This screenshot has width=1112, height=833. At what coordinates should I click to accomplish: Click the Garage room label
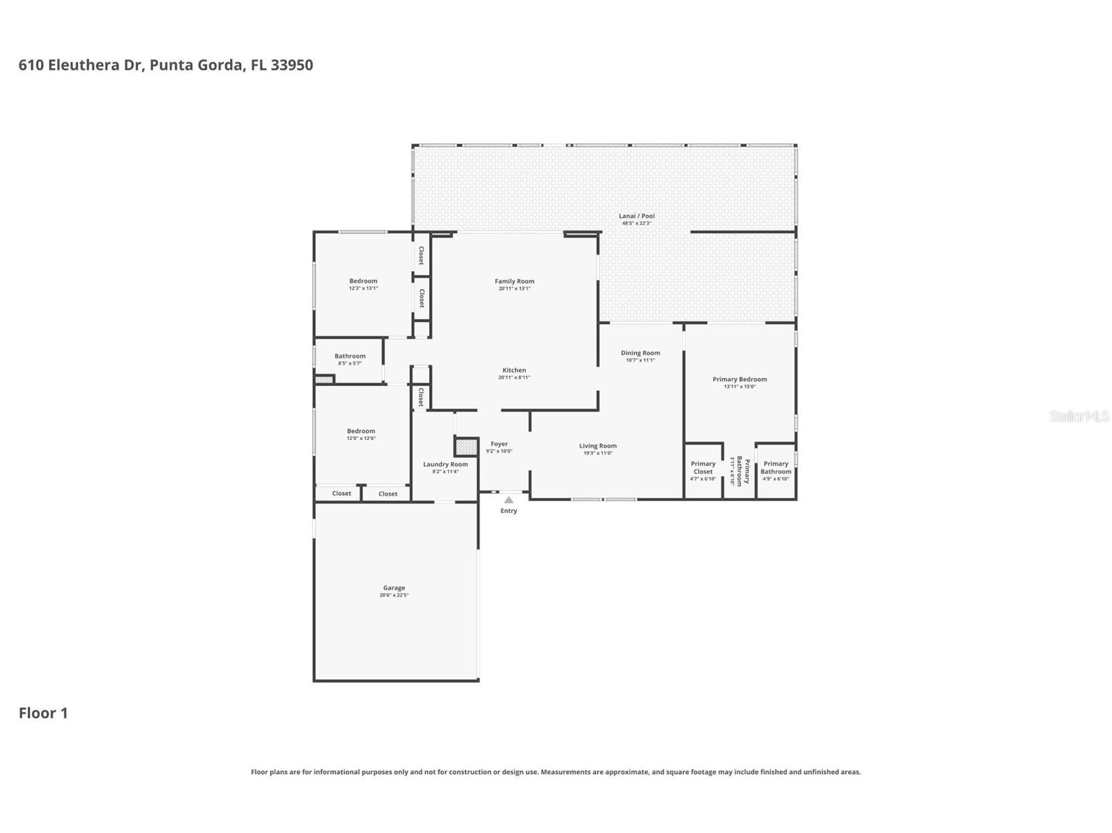coord(394,588)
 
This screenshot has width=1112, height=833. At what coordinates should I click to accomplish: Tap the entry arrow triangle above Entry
coord(508,500)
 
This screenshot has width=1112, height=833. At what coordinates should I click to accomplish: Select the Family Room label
coord(514,281)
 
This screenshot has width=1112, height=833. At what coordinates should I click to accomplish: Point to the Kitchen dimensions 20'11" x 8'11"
coord(514,377)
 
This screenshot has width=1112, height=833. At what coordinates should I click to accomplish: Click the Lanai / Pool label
coord(636,215)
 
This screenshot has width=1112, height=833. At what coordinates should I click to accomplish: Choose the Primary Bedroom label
coord(739,379)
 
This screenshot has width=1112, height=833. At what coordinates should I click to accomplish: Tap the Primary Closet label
coord(702,468)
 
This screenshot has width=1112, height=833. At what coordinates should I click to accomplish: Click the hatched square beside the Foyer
coord(466,447)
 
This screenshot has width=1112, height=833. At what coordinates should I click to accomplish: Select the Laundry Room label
coord(445,464)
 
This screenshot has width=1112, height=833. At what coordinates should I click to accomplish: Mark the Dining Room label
coord(640,353)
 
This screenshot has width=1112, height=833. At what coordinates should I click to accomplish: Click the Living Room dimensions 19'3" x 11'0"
coord(598,453)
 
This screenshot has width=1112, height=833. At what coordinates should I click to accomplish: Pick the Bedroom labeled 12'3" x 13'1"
coord(363,281)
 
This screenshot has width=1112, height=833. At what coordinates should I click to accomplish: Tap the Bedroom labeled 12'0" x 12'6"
coord(361,431)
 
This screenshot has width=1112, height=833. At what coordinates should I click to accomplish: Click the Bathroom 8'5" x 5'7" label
coord(350,356)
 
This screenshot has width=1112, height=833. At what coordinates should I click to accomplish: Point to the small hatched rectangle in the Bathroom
coord(323,379)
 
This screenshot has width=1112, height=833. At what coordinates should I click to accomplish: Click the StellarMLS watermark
coord(1079,416)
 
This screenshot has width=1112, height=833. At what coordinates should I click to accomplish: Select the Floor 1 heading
coord(43,713)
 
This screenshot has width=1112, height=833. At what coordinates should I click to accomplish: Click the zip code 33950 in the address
coord(292,65)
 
